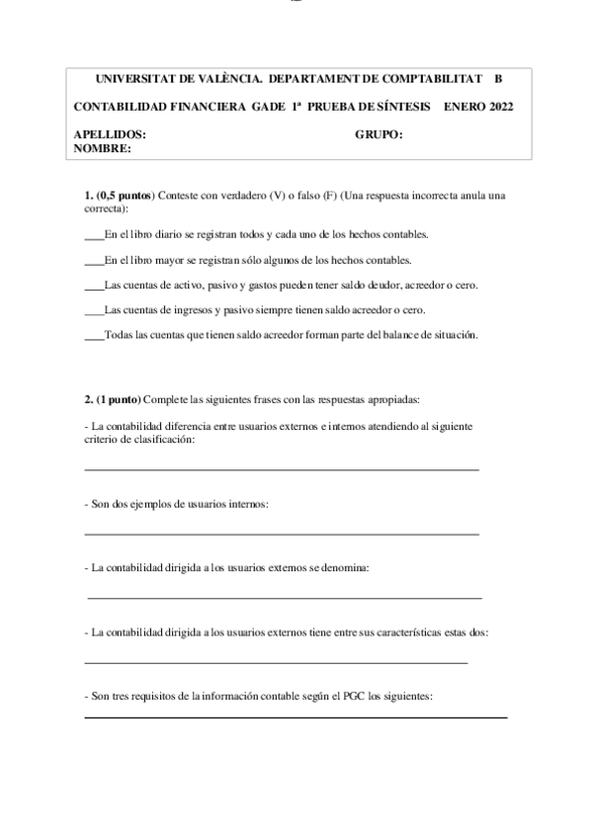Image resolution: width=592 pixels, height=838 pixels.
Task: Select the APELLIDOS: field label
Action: [110, 134]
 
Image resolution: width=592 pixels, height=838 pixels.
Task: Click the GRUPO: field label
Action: [379, 134]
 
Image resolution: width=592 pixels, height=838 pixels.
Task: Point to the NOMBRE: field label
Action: [103, 148]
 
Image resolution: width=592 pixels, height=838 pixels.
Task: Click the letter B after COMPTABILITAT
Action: [498, 78]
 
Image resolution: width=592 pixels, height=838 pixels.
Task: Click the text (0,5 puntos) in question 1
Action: [125, 196]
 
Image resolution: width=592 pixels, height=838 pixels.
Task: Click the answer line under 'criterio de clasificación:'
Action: [282, 469]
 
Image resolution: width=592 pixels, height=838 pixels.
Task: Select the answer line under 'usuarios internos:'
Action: [282, 535]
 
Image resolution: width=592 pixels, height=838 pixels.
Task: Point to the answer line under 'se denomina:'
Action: [285, 598]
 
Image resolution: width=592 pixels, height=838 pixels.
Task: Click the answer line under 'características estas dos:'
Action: [276, 662]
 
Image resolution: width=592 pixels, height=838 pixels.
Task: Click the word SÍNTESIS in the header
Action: [396, 107]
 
